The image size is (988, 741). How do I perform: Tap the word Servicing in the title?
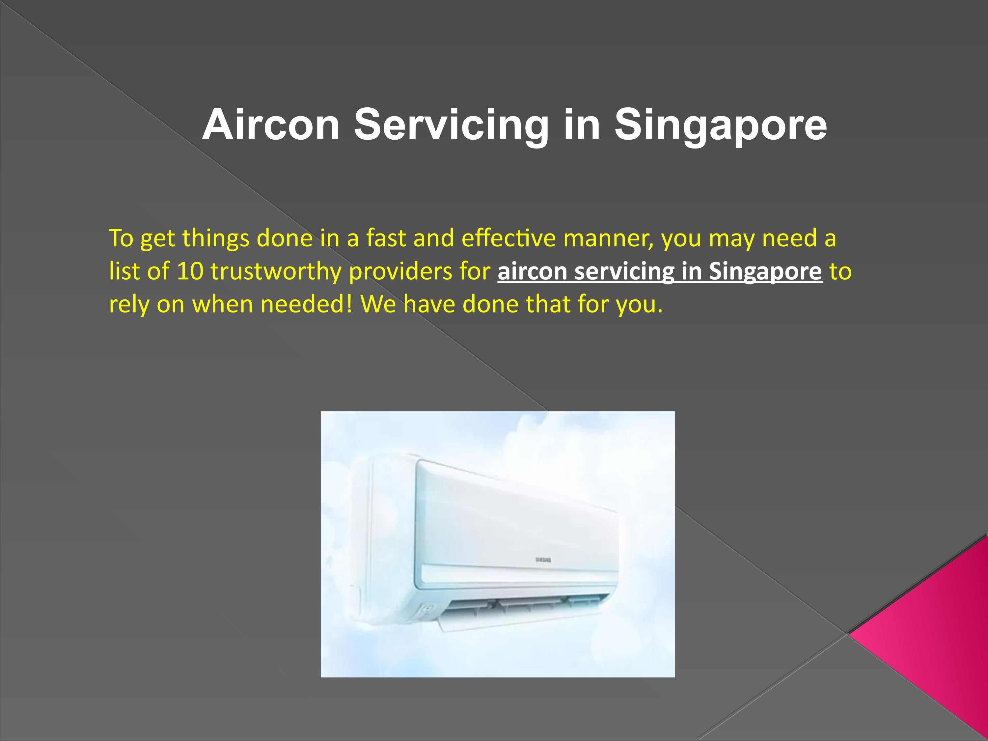pyautogui.click(x=451, y=125)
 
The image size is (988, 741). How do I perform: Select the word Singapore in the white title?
pyautogui.click(x=720, y=125)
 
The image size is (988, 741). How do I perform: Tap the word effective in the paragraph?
pyautogui.click(x=508, y=238)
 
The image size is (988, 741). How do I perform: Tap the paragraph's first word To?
pyautogui.click(x=121, y=238)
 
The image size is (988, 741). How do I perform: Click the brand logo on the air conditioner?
pyautogui.click(x=543, y=560)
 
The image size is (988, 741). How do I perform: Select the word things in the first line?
pyautogui.click(x=215, y=238)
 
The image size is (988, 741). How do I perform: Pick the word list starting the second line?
pyautogui.click(x=124, y=271)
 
